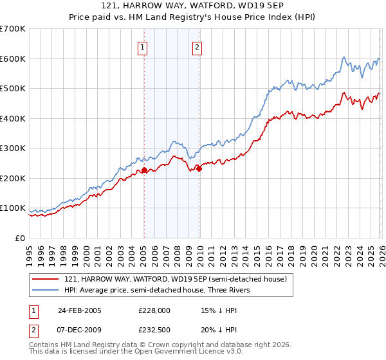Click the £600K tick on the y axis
(13, 59)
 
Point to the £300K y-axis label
(13, 148)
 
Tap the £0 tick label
(21, 239)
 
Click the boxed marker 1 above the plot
(142, 46)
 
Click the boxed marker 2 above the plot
(197, 46)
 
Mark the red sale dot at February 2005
(144, 170)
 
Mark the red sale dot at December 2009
(199, 168)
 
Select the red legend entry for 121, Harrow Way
(179, 278)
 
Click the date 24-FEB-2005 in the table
(80, 310)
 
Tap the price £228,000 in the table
(154, 310)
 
